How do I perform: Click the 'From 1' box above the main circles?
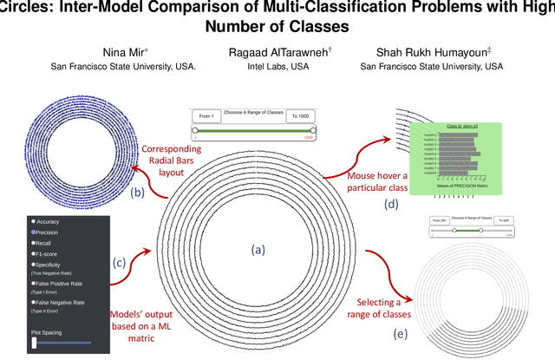(x=206, y=116)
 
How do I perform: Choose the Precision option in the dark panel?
(x=48, y=232)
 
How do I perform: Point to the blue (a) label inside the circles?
(x=257, y=249)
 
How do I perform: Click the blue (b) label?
(x=136, y=193)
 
